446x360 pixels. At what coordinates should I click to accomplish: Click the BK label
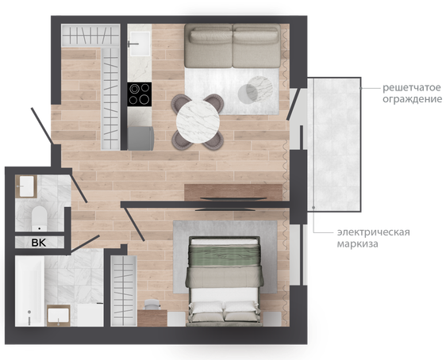pos(39,243)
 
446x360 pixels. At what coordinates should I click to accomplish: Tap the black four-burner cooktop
pos(140,94)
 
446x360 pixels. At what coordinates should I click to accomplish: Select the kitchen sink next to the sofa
pos(140,44)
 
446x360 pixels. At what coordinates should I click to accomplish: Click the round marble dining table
pos(198,121)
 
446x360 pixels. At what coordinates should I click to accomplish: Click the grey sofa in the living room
pos(233,46)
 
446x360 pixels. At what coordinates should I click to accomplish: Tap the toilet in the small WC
pos(39,218)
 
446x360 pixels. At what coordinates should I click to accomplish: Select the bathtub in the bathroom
pos(29,291)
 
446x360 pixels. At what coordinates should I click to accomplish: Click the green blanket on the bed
pos(225,255)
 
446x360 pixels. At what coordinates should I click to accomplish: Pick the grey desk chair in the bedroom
pos(152,304)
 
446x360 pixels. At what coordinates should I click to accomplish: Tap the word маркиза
pos(358,243)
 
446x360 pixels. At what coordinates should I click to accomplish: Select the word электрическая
pos(374,232)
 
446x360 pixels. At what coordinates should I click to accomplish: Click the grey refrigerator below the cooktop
pos(140,139)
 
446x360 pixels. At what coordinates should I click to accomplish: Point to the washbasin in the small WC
pos(26,186)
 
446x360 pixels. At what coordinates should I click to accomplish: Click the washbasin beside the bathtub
pos(58,316)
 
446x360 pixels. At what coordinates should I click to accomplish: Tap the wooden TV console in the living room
pos(233,193)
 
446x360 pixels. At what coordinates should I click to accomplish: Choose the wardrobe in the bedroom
pos(124,291)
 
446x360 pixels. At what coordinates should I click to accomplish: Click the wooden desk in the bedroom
pos(152,318)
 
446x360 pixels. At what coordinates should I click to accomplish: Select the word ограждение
pos(412,99)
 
